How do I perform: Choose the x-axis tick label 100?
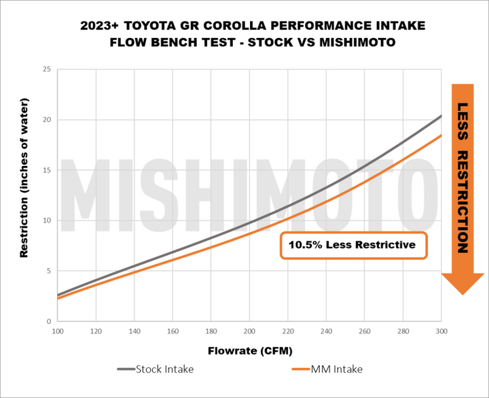click(58, 331)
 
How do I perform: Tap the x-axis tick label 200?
click(249, 331)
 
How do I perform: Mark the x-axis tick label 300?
click(441, 331)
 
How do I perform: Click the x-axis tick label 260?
click(364, 331)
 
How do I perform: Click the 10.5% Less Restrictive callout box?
click(353, 245)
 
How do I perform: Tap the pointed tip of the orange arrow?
click(462, 293)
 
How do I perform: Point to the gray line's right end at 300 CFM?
click(441, 116)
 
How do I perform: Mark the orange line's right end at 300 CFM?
click(441, 135)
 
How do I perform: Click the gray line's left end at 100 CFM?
click(58, 295)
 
